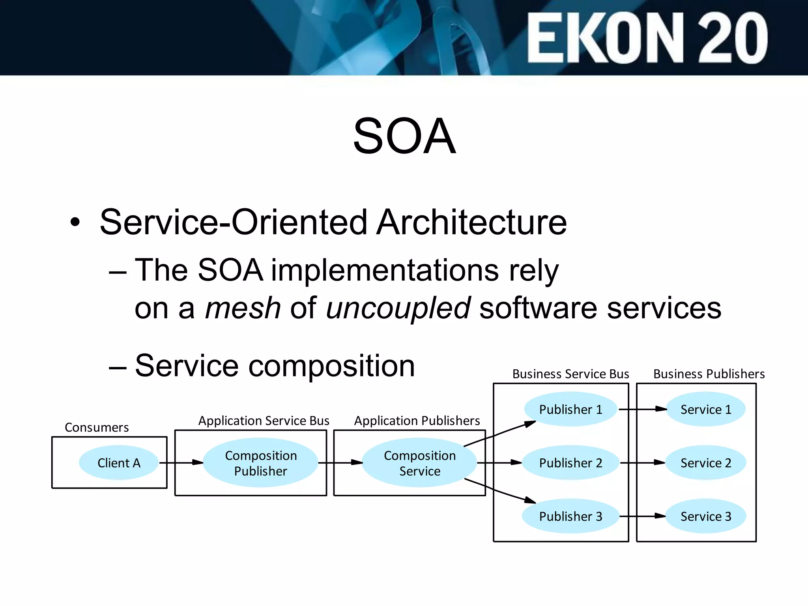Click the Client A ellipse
(119, 463)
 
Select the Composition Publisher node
(260, 463)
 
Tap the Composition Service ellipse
(419, 463)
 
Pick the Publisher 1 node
(570, 409)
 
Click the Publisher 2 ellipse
(570, 463)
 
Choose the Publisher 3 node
(570, 516)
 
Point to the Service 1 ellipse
(706, 409)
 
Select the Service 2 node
(706, 463)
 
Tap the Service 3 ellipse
(706, 516)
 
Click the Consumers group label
(97, 427)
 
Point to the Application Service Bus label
(264, 421)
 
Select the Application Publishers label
(417, 421)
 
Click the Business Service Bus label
(570, 374)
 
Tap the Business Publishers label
(709, 374)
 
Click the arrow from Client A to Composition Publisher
(181, 462)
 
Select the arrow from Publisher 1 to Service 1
(642, 409)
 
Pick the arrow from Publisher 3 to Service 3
(642, 516)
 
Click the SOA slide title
(404, 136)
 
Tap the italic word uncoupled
(398, 308)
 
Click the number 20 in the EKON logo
(733, 38)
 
